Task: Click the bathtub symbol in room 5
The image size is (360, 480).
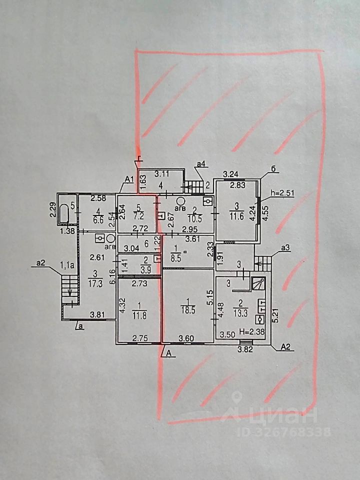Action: tap(63, 213)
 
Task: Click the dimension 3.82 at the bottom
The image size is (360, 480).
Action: tap(245, 349)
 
